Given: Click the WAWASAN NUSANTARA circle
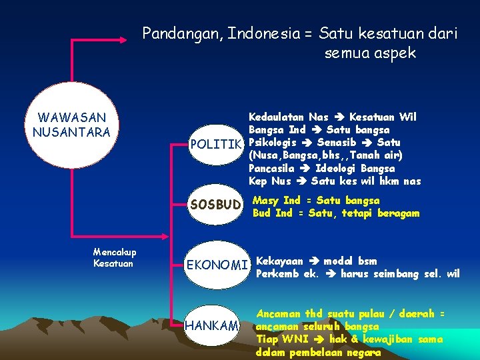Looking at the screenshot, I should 71,125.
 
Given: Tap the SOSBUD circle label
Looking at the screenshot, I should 215,204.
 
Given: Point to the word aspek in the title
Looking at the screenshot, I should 397,53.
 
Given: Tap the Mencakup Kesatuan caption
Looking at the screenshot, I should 115,258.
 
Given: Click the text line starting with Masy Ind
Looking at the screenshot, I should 316,201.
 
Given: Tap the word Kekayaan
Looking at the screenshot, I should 279,261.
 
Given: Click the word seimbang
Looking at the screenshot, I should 400,274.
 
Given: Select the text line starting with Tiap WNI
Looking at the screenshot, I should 349,339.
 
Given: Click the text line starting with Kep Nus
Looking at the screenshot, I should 334,181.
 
